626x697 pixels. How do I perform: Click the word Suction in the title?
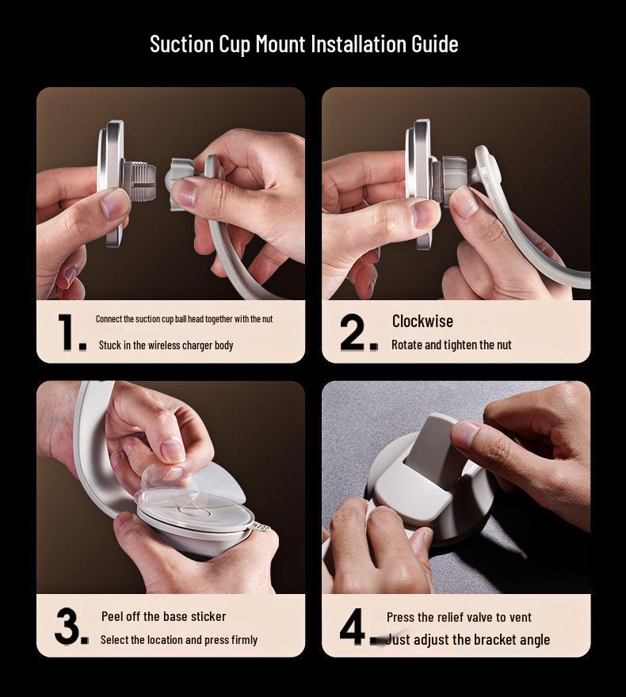(x=181, y=44)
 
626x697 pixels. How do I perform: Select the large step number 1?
(x=67, y=331)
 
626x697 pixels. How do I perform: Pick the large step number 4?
(x=353, y=626)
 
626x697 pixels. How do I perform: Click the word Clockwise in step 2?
(x=422, y=321)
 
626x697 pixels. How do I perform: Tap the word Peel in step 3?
(x=112, y=616)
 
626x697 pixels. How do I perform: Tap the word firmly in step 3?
(x=245, y=640)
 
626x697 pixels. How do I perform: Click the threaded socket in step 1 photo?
(x=139, y=180)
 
